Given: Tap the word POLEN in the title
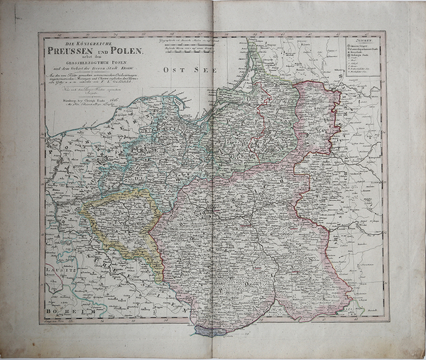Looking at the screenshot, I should point(125,50).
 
